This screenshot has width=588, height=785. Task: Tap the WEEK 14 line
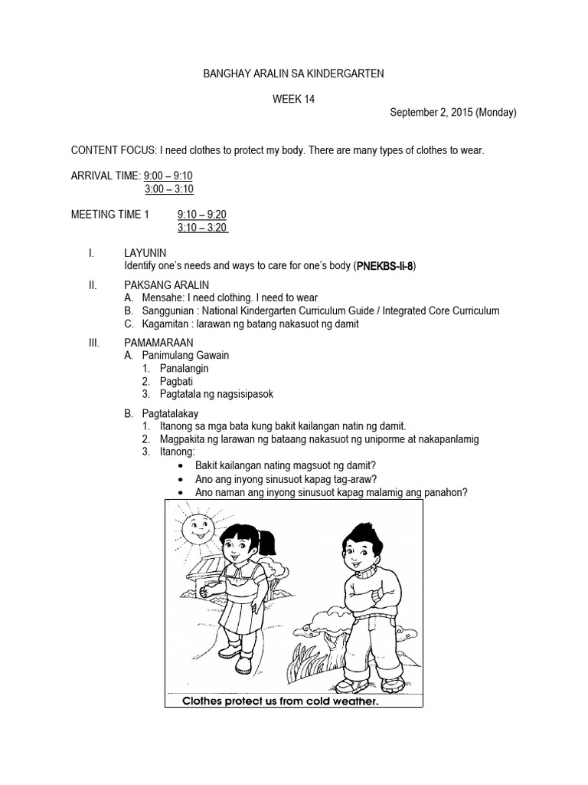pos(293,98)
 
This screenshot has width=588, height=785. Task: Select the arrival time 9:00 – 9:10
pos(168,176)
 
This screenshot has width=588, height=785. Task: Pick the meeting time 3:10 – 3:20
pos(202,228)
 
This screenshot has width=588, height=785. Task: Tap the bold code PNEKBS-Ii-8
pos(386,266)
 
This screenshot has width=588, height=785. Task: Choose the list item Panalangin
pos(185,368)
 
